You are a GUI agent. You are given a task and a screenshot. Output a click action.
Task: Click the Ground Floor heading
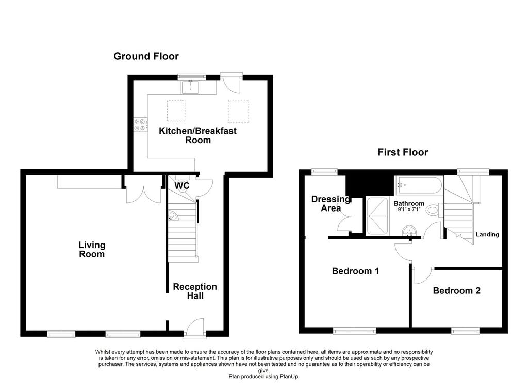[x=146, y=56]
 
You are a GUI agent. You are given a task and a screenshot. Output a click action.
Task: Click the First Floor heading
[x=403, y=152]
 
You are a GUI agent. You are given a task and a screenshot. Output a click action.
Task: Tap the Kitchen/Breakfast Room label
[x=197, y=135]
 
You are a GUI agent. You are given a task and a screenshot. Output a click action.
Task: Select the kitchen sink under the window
[x=191, y=87]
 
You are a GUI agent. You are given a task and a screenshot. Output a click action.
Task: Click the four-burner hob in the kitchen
[x=140, y=125]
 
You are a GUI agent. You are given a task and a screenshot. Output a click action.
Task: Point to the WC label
[x=182, y=186]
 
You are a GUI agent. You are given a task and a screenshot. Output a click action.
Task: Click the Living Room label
[x=92, y=250]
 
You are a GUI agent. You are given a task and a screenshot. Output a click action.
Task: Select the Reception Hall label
[x=195, y=291]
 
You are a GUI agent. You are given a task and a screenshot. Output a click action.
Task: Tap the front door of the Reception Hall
[x=195, y=327]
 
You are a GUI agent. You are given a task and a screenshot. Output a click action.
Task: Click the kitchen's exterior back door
[x=231, y=83]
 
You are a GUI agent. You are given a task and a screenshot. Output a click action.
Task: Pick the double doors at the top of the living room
[x=144, y=189]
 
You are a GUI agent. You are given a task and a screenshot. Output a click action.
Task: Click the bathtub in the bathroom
[x=417, y=185]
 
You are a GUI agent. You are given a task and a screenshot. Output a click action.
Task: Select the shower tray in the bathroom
[x=377, y=216]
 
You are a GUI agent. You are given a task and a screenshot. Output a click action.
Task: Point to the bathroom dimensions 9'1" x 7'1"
[x=409, y=209]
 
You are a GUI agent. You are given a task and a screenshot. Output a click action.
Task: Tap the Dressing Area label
[x=331, y=203]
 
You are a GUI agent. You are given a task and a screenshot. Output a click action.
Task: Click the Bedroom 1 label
[x=356, y=271]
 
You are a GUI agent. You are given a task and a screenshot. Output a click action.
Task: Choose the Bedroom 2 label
[x=457, y=290]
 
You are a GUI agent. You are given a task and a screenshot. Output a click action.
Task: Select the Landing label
[x=487, y=234]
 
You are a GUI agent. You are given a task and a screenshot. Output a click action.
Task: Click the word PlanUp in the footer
[x=289, y=377]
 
